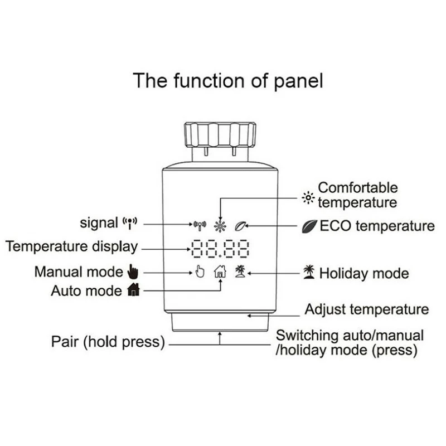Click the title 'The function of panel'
pyautogui.click(x=227, y=80)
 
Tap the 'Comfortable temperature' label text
pyautogui.click(x=357, y=195)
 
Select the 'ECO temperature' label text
pyautogui.click(x=377, y=226)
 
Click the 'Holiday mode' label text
pyautogui.click(x=363, y=273)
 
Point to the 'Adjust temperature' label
pyautogui.click(x=366, y=309)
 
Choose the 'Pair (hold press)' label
pyautogui.click(x=108, y=342)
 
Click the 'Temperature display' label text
pyautogui.click(x=71, y=246)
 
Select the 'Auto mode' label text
pyautogui.click(x=86, y=290)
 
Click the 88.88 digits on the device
pyautogui.click(x=220, y=248)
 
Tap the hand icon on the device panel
pyautogui.click(x=200, y=272)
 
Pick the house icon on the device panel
pyautogui.click(x=221, y=272)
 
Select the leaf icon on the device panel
pyautogui.click(x=241, y=226)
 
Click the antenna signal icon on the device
pyautogui.click(x=200, y=225)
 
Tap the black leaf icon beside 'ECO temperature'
pyautogui.click(x=309, y=226)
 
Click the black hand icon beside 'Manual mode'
pyautogui.click(x=132, y=272)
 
